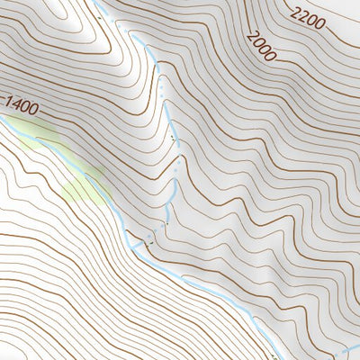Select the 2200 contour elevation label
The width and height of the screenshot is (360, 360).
point(306,16)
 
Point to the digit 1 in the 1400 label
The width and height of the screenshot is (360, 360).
point(8,102)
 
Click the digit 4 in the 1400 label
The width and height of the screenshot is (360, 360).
point(15,104)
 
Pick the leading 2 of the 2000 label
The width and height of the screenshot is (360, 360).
point(252,34)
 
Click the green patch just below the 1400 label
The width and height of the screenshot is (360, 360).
point(38,135)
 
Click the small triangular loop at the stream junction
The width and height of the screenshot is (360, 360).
point(135,240)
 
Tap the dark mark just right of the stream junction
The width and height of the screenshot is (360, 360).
point(151,241)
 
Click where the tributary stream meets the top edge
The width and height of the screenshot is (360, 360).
point(95,2)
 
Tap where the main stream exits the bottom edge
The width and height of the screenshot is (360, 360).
point(270,358)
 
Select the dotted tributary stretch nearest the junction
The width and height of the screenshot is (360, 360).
point(168,216)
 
